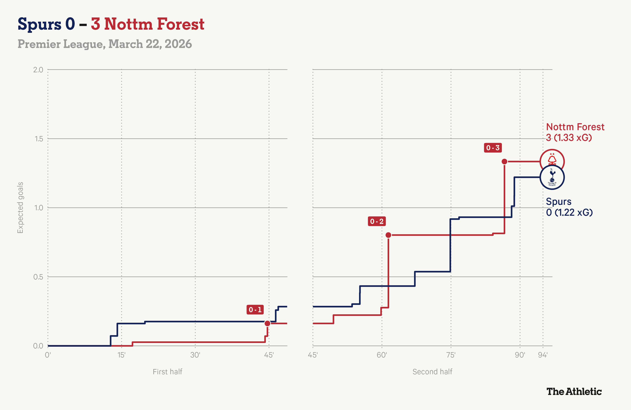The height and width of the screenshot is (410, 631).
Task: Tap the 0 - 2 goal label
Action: tap(376, 221)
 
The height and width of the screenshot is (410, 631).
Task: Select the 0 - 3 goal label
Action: tap(493, 148)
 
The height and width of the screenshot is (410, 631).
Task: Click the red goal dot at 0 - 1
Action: tap(267, 323)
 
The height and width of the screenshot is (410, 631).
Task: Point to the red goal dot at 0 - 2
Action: tap(388, 235)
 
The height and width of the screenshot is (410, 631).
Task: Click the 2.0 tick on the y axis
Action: tap(38, 70)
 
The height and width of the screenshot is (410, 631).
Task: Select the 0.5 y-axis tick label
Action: tap(38, 277)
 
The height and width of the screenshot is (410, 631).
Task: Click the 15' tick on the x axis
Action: tap(121, 355)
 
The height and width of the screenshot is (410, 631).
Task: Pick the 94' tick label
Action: tap(542, 355)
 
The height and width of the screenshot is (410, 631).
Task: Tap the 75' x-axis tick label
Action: tap(451, 355)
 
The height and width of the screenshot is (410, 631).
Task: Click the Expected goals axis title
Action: tap(20, 208)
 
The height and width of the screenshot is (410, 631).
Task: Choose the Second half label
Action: tap(432, 372)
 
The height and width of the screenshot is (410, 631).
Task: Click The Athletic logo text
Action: tap(574, 391)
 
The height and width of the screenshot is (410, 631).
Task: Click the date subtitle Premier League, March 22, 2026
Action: tap(105, 44)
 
